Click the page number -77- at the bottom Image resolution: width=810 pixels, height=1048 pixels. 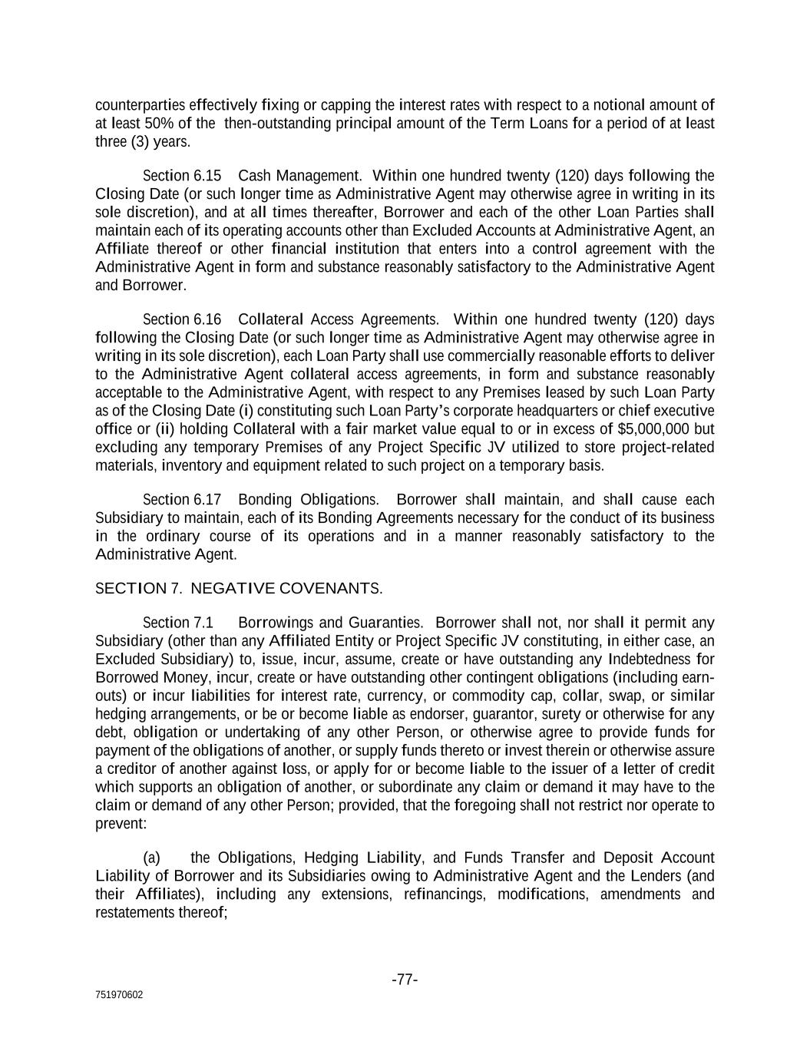tap(405, 980)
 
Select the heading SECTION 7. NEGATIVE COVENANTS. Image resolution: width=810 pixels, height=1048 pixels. tap(239, 589)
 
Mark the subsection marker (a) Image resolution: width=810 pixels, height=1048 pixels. tap(152, 858)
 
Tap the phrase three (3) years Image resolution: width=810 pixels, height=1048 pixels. tap(143, 142)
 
